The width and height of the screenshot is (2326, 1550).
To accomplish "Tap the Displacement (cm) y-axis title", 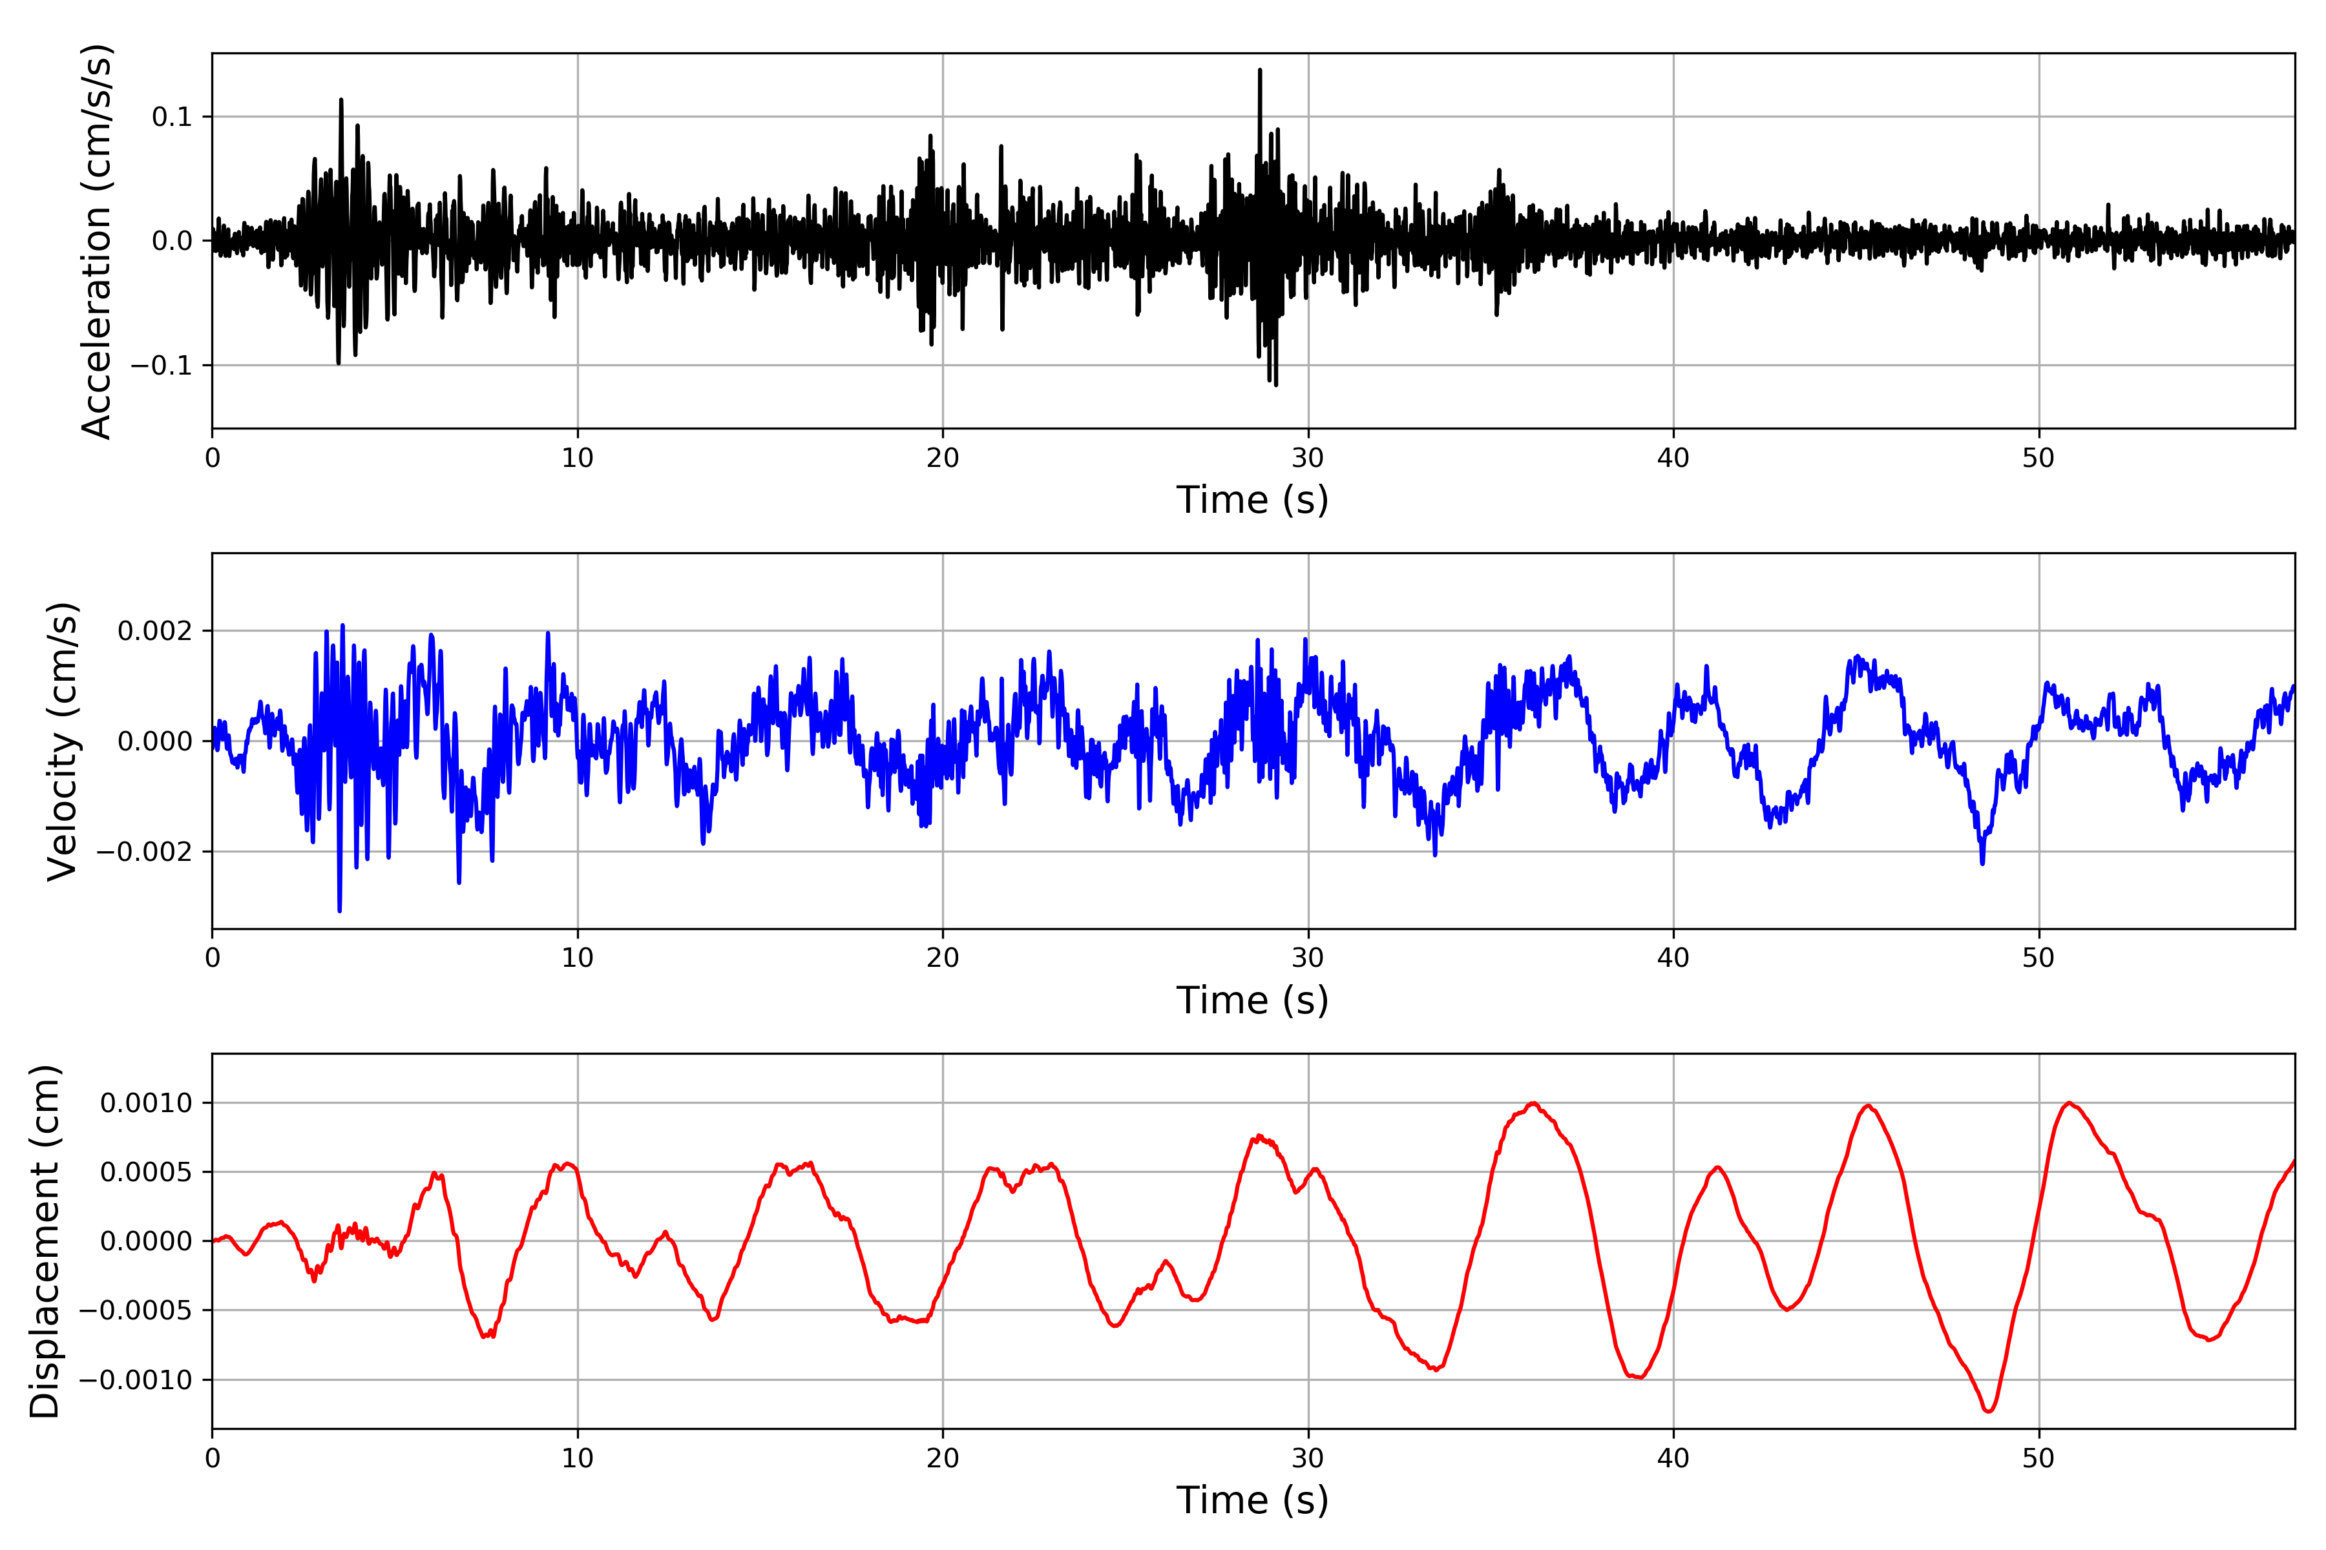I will (45, 1241).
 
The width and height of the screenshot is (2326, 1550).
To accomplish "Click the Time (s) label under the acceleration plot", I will (1252, 500).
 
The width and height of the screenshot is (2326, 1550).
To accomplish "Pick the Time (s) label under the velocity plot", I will (1252, 1000).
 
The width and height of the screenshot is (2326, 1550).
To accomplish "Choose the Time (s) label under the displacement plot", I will (1252, 1500).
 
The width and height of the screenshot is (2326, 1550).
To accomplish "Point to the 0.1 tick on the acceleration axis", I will (171, 117).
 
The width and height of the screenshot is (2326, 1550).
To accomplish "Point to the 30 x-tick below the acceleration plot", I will (1307, 459).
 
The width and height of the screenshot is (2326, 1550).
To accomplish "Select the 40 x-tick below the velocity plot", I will (1673, 958).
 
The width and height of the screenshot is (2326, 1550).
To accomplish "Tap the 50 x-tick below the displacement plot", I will (2038, 1458).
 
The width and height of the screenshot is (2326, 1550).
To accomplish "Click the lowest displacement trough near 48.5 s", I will (1988, 1410).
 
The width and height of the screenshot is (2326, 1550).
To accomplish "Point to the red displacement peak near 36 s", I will (1533, 1103).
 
